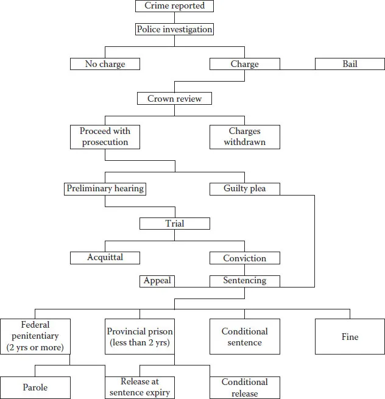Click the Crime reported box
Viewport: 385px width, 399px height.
pos(175,6)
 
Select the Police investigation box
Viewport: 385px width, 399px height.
pos(175,29)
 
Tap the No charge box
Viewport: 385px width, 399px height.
pos(105,64)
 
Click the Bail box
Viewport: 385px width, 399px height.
pos(350,64)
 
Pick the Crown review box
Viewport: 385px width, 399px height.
pos(175,99)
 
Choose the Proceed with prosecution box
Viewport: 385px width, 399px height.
pos(105,136)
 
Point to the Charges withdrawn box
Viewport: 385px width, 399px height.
pos(245,136)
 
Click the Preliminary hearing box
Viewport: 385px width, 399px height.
pos(105,189)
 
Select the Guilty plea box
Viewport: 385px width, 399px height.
pos(245,189)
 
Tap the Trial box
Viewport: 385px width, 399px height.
pos(175,224)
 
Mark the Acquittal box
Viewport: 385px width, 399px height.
pos(105,258)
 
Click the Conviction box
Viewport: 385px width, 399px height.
pos(245,258)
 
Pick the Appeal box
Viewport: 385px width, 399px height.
pos(157,281)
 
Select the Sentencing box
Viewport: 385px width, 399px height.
pos(245,281)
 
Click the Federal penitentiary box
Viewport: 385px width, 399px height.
pos(35,336)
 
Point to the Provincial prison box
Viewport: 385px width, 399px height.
pos(140,336)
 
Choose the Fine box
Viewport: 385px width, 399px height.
pos(350,336)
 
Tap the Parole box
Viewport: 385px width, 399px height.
pos(35,387)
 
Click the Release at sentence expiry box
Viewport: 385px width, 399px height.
pos(140,387)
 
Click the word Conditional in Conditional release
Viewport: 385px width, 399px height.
pos(245,382)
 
